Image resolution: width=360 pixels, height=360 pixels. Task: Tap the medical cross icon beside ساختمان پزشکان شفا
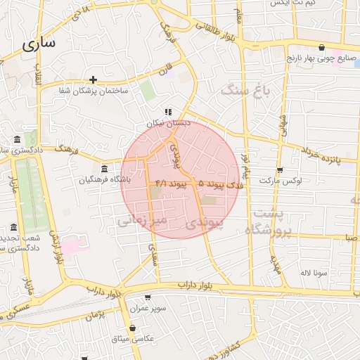[x=93, y=79]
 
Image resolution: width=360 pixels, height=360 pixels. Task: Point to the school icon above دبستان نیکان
[x=167, y=112]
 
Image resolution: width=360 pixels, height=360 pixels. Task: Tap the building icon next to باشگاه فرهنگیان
[x=104, y=169]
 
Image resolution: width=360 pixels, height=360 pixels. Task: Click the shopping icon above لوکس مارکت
[x=280, y=169]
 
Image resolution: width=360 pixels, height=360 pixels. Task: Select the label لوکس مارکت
[x=281, y=181]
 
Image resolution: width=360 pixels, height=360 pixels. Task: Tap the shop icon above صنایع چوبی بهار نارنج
[x=321, y=48]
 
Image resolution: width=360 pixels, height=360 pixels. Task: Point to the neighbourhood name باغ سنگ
[x=245, y=89]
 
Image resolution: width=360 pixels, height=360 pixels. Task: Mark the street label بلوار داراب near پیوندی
[x=195, y=284]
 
